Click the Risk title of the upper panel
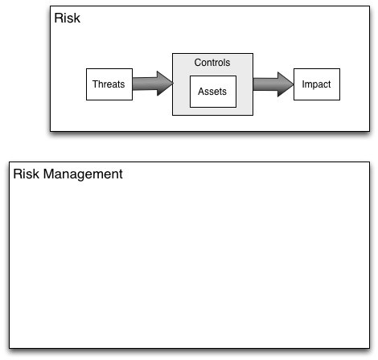pyautogui.click(x=67, y=18)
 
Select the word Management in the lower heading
pyautogui.click(x=83, y=174)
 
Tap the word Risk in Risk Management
pyautogui.click(x=26, y=174)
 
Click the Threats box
pyautogui.click(x=109, y=84)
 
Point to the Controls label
pyautogui.click(x=212, y=63)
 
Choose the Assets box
pyautogui.click(x=213, y=92)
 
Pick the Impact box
pyautogui.click(x=317, y=84)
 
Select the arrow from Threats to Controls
pyautogui.click(x=153, y=84)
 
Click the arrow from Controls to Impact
pyautogui.click(x=273, y=84)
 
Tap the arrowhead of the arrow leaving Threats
pyautogui.click(x=164, y=84)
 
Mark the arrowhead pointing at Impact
pyautogui.click(x=285, y=84)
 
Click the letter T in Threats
pyautogui.click(x=95, y=84)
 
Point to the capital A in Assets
pyautogui.click(x=201, y=92)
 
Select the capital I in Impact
pyautogui.click(x=303, y=84)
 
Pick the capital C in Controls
pyautogui.click(x=198, y=63)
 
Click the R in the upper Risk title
pyautogui.click(x=59, y=18)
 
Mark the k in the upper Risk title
pyautogui.click(x=76, y=18)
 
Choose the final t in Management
pyautogui.click(x=121, y=174)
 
